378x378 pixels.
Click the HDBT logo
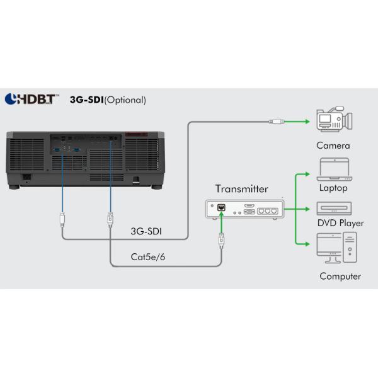[32, 99]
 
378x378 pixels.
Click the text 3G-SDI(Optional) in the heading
[108, 100]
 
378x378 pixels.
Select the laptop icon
[333, 169]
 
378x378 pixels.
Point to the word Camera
[333, 146]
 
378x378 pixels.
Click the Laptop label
[333, 188]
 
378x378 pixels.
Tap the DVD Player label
[340, 223]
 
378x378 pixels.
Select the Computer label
[340, 276]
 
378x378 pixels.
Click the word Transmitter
[241, 188]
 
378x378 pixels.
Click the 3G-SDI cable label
[146, 231]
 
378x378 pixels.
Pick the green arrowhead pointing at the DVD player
[309, 207]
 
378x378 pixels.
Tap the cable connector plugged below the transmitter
[221, 239]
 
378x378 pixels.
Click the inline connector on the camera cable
[277, 120]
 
